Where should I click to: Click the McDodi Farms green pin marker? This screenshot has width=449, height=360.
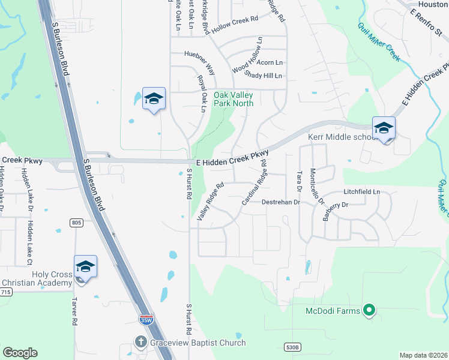[369, 310]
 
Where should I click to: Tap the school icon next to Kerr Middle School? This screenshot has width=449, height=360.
[384, 128]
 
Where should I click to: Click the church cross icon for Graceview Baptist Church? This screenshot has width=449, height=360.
[140, 343]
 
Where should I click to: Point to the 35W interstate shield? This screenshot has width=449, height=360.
[146, 320]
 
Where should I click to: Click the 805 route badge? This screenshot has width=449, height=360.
[76, 223]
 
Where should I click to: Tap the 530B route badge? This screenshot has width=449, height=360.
[291, 347]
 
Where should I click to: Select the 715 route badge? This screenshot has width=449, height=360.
[5, 292]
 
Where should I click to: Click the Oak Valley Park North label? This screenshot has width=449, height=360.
[234, 99]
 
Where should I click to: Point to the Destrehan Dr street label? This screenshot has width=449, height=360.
[280, 202]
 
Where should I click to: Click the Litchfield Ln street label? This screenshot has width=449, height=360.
[362, 192]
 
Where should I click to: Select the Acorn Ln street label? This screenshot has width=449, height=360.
[270, 62]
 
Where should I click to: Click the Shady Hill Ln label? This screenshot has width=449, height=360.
[263, 76]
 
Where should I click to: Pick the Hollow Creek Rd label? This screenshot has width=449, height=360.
[234, 23]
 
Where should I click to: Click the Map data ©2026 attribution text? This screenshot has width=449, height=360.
[423, 355]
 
